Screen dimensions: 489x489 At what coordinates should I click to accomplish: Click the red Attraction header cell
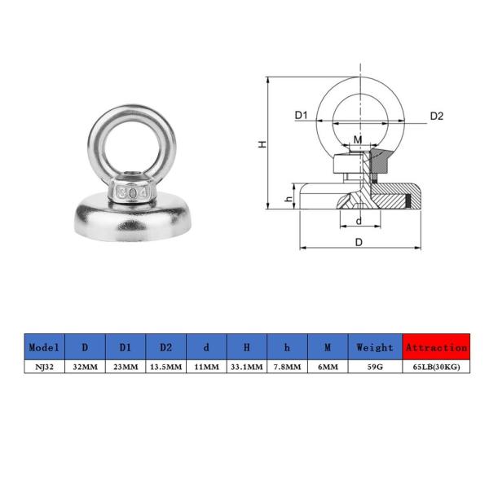pos(436,346)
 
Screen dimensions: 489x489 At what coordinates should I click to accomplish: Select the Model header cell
pos(44,346)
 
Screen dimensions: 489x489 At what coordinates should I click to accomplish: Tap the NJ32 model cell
pos(44,368)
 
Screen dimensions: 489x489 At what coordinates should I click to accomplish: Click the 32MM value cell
pos(85,368)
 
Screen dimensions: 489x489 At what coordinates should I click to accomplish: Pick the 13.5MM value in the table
pos(165,368)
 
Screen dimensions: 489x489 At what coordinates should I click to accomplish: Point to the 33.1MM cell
pos(246,368)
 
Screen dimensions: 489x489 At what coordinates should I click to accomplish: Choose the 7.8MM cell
pos(287,368)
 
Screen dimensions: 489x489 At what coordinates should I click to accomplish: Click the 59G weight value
pos(375,368)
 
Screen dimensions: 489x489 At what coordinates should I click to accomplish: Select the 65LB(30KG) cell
pos(436,368)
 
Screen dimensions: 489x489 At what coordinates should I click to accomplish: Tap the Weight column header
pos(375,346)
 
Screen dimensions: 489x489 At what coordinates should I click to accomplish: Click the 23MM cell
pos(125,368)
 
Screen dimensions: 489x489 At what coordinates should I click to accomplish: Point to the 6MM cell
pos(327,368)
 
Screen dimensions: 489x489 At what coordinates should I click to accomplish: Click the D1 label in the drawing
pos(301,116)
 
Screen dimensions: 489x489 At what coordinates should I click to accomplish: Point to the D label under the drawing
pos(359,242)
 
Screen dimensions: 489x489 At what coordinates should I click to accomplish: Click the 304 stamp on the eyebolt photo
pos(130,192)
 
